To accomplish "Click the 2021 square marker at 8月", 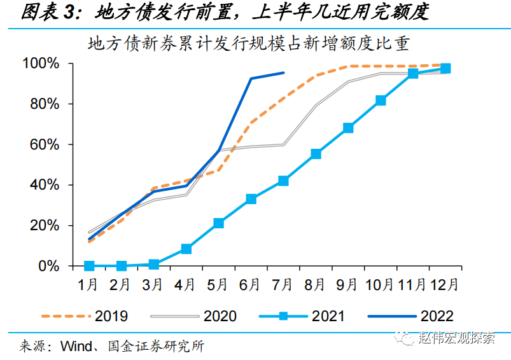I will click(x=316, y=154).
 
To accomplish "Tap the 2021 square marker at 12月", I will click(x=445, y=69).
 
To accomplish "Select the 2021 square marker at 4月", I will click(x=186, y=249).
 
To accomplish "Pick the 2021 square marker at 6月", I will click(x=251, y=199).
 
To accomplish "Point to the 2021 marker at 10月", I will click(x=381, y=100).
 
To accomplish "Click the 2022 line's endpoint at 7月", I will click(x=284, y=73).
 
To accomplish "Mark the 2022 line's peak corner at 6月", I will click(x=251, y=78).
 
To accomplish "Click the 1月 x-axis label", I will click(x=88, y=284).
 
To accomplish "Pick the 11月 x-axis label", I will click(x=413, y=284).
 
